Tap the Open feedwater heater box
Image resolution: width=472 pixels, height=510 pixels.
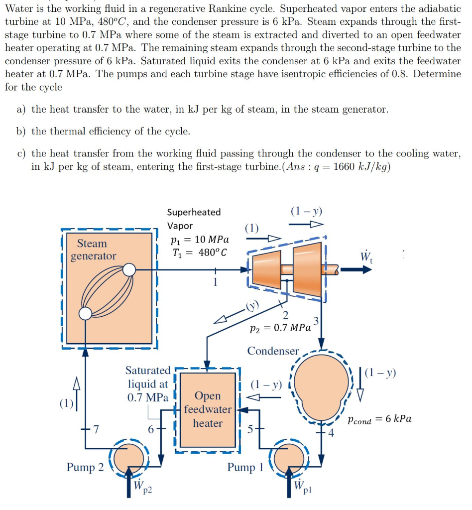(208, 410)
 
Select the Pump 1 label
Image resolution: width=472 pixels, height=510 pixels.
(245, 467)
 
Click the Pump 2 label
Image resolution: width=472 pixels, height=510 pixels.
(85, 467)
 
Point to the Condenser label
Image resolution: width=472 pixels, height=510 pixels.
(273, 351)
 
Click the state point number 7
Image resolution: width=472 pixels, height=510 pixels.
(96, 429)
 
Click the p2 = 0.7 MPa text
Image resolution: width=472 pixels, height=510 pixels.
(280, 328)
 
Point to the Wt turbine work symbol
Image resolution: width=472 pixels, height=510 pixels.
(366, 257)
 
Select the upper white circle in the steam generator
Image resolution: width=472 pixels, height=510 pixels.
(129, 270)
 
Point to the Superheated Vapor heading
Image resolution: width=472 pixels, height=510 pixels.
(193, 219)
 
